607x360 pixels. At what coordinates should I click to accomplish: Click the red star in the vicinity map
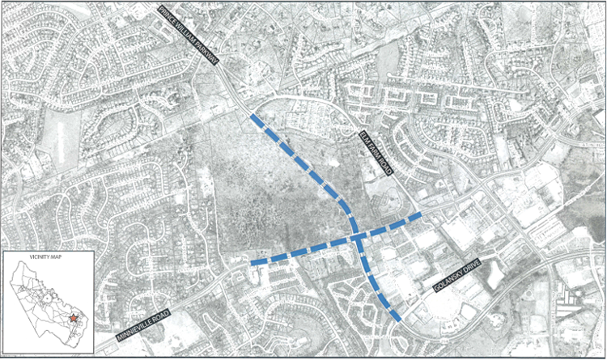click(73, 317)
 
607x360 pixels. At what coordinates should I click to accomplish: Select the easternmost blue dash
click(414, 217)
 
